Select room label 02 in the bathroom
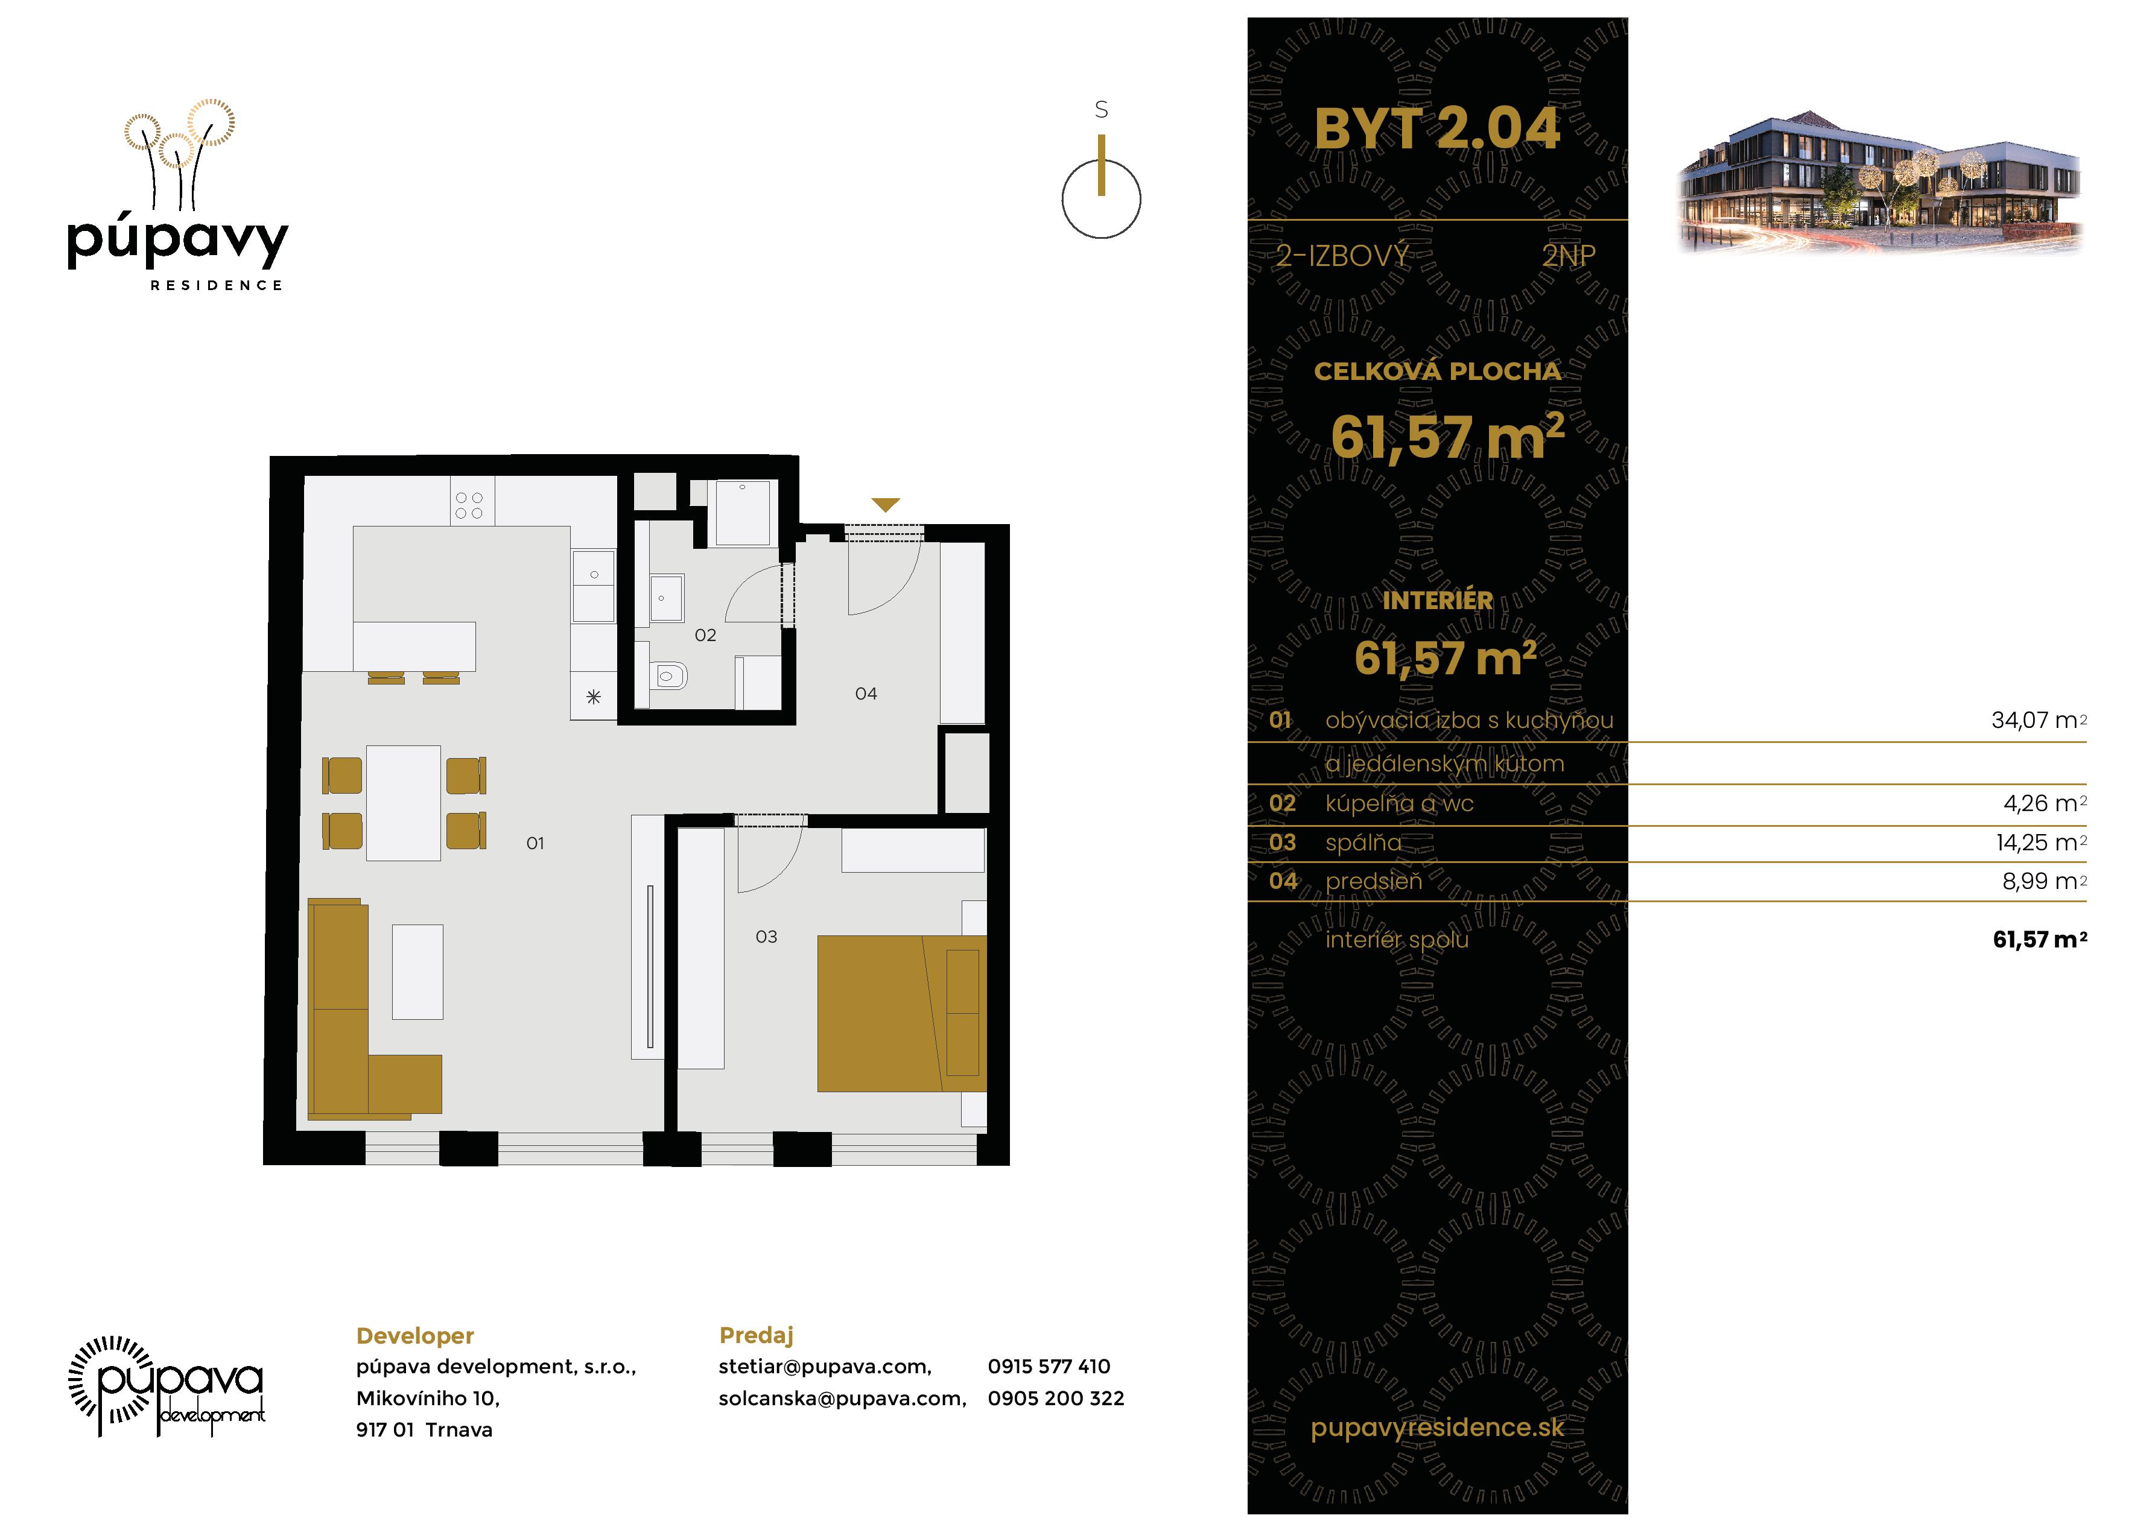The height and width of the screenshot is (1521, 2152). point(705,636)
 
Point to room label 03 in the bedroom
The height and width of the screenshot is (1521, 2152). point(766,936)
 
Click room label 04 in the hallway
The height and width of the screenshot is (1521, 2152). point(865,694)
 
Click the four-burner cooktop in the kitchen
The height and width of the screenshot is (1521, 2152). point(469,506)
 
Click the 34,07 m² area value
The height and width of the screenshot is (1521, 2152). point(2039,721)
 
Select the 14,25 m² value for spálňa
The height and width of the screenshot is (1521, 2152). point(2040,843)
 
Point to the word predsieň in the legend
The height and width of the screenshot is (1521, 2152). point(1373,881)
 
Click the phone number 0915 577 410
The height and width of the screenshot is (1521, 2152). point(1049,1367)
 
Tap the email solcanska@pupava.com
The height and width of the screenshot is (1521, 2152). point(842,1398)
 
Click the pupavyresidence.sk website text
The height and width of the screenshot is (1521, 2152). point(1437,1428)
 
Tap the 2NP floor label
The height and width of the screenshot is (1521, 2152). point(1568,256)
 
